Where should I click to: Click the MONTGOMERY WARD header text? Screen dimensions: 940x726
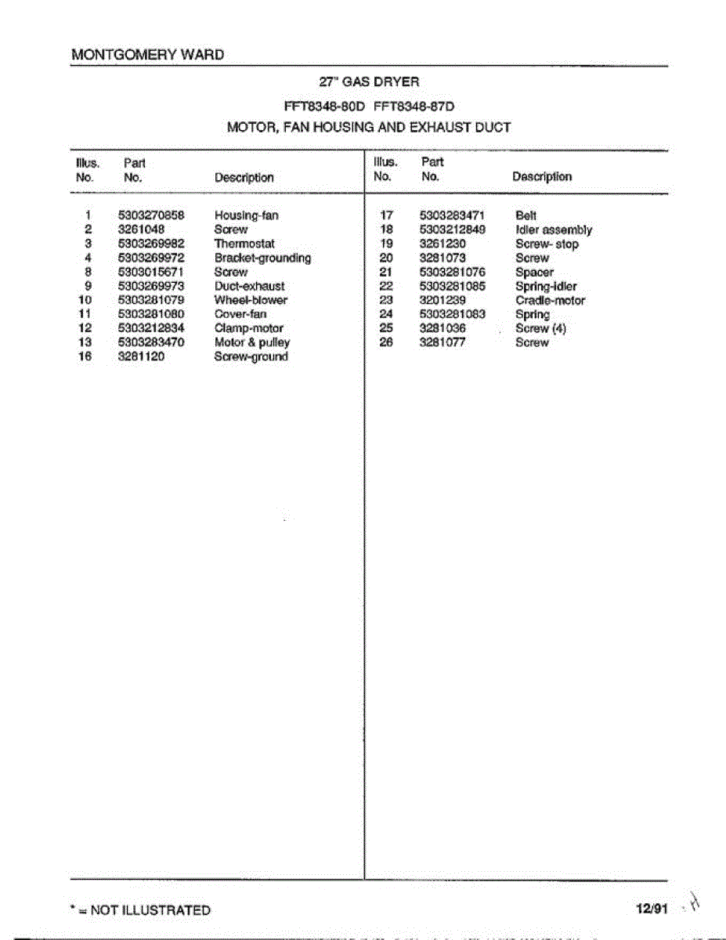coord(147,55)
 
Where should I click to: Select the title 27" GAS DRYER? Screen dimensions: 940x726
coord(369,81)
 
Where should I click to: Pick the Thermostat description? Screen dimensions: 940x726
coord(244,244)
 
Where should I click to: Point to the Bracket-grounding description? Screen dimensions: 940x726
coord(262,258)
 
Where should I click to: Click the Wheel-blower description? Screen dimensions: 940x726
coord(251,300)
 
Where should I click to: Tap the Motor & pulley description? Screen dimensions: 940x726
coord(251,342)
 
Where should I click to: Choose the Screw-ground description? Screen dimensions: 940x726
coord(251,356)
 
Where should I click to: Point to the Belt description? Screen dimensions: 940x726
coord(526,215)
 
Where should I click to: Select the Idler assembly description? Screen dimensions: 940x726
coord(554,230)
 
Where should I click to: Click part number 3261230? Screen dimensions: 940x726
coord(442,244)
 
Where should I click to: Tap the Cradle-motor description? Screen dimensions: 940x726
coord(550,300)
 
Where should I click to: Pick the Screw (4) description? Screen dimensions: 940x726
coord(540,328)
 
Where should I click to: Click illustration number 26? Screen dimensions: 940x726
coord(385,342)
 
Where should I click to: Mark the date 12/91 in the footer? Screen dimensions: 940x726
coord(652,909)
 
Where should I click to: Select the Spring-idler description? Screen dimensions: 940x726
coord(546,287)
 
